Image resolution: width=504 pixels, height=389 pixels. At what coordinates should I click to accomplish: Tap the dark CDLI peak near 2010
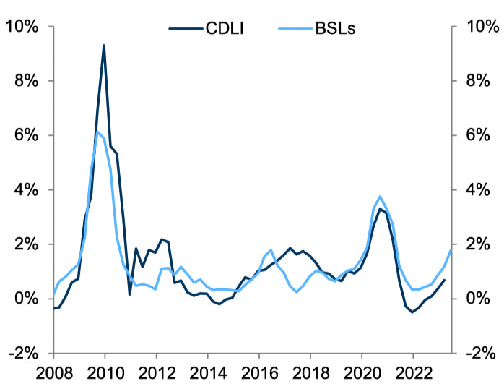tap(104, 46)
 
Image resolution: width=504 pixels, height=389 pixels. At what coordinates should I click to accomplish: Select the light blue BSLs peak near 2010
tap(97, 132)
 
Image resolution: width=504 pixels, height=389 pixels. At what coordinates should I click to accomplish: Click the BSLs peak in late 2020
tap(380, 197)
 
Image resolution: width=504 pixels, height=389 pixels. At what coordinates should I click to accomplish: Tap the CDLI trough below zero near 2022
tap(412, 312)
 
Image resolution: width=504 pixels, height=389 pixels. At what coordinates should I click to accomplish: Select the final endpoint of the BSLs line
tap(451, 250)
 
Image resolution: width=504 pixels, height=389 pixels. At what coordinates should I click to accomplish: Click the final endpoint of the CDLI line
tap(444, 280)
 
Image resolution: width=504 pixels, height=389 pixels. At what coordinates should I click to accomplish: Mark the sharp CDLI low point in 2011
tap(130, 294)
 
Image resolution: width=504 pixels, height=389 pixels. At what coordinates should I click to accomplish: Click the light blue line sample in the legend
tap(294, 29)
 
